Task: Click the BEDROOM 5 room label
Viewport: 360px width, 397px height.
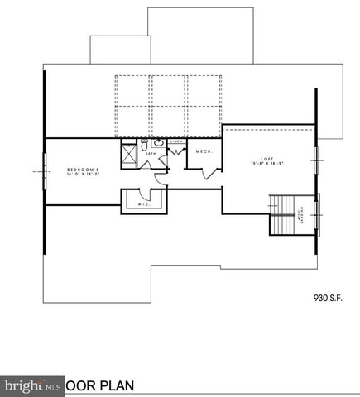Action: [83, 170]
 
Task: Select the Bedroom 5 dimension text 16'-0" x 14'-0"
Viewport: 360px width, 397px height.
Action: [83, 175]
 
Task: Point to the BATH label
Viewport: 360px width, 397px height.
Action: [151, 154]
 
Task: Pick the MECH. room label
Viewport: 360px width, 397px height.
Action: [203, 151]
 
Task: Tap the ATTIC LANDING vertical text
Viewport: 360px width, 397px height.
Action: [300, 217]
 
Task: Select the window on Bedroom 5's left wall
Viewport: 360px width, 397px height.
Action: [44, 171]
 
